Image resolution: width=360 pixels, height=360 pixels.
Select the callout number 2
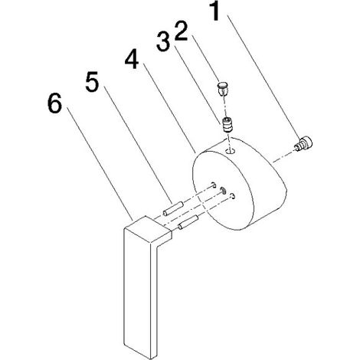(181, 31)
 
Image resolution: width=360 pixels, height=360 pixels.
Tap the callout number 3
(163, 41)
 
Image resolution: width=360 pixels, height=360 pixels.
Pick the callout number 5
(92, 83)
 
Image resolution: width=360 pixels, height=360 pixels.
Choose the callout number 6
(54, 103)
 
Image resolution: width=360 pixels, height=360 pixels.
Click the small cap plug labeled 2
(223, 88)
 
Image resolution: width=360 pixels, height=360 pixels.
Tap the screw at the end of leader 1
(303, 144)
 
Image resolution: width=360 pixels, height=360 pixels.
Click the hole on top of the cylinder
(231, 151)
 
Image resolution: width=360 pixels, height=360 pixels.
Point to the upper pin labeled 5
(173, 208)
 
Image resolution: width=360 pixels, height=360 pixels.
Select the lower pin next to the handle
(188, 222)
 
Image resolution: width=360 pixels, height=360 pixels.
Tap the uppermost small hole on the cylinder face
(214, 185)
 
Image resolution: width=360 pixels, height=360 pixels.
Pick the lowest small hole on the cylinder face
(232, 196)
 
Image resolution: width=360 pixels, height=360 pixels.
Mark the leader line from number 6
(100, 163)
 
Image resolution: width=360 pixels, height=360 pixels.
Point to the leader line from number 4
(169, 108)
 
